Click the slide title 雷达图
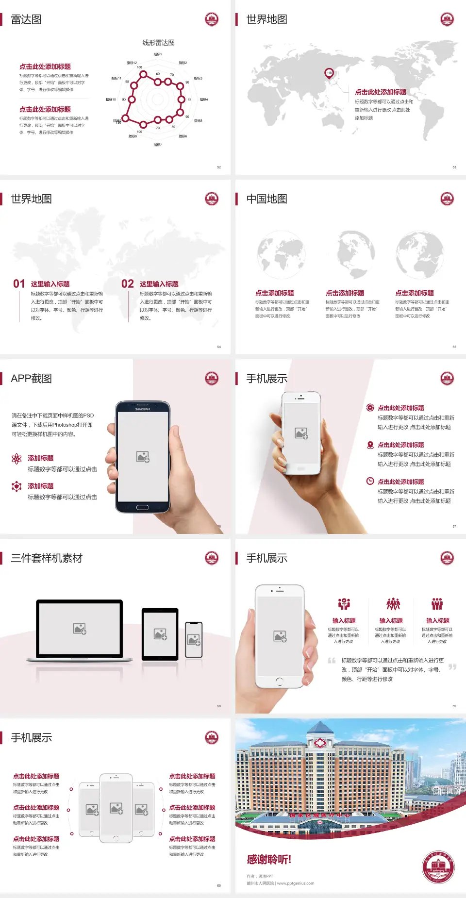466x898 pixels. (26, 19)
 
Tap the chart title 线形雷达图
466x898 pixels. (158, 43)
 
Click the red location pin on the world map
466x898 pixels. (329, 73)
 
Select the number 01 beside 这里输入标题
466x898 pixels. (19, 284)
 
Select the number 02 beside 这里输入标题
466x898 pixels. (128, 284)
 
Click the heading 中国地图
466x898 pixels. (266, 199)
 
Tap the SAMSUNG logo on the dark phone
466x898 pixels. (143, 409)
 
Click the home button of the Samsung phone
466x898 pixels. (142, 507)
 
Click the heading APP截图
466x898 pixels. (31, 379)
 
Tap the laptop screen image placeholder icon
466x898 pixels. (80, 629)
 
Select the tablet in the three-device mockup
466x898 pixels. (160, 633)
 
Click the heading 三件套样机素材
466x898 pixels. (47, 558)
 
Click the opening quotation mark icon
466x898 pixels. (332, 660)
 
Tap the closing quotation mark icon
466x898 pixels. (452, 667)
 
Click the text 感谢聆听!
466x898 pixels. (269, 860)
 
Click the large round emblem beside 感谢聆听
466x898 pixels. (438, 867)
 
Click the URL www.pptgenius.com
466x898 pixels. (296, 883)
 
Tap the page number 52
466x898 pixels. (219, 167)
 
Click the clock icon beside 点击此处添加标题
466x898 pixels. (370, 481)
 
